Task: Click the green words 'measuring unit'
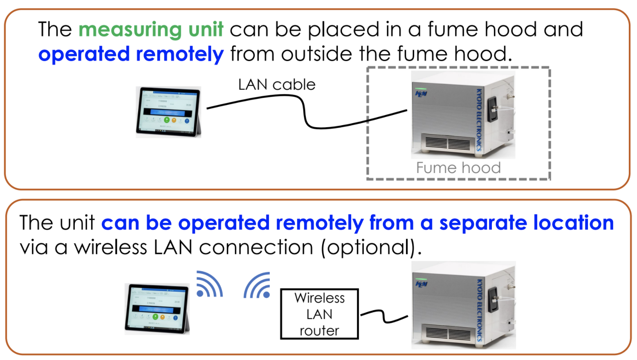151,30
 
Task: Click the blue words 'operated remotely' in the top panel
131,54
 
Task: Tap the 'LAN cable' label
277,85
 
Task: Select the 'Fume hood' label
458,168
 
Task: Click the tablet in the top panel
168,111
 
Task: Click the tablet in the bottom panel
157,309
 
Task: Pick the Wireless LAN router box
319,314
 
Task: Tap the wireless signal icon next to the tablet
209,285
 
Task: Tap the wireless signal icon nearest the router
258,286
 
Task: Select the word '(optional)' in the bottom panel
371,248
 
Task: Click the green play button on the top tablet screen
166,120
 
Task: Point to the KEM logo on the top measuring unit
421,94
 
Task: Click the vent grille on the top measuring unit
447,143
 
